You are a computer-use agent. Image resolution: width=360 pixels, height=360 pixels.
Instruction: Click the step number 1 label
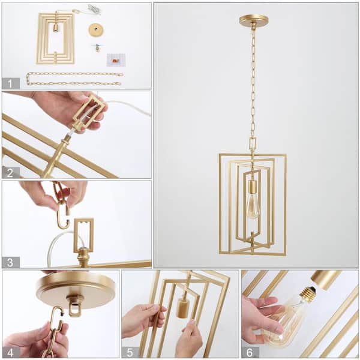coord(11,83)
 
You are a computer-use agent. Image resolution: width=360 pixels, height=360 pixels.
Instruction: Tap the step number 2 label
coord(11,172)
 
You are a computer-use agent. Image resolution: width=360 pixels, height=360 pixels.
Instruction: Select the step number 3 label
coord(11,262)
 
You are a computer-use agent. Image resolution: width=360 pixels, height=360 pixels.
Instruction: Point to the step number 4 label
coord(11,352)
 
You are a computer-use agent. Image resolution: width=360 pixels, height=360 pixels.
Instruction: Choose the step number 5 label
coord(130,352)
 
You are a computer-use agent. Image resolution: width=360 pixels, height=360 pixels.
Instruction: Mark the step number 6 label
coord(250,352)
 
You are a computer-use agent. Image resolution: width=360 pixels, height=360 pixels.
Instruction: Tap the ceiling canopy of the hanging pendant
coord(253,20)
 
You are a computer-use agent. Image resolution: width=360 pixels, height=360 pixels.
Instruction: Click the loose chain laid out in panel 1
coord(74,79)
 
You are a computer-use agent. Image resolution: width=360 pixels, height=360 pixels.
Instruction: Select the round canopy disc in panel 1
coord(95,29)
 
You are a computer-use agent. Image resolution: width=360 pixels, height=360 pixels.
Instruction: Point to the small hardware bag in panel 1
coord(116,60)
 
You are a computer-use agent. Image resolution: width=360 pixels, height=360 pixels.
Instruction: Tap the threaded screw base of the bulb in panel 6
coord(308,294)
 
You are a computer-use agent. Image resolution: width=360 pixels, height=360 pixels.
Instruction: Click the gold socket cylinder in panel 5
coord(183,307)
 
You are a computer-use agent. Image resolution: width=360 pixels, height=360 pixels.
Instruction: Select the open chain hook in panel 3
coord(62,209)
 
